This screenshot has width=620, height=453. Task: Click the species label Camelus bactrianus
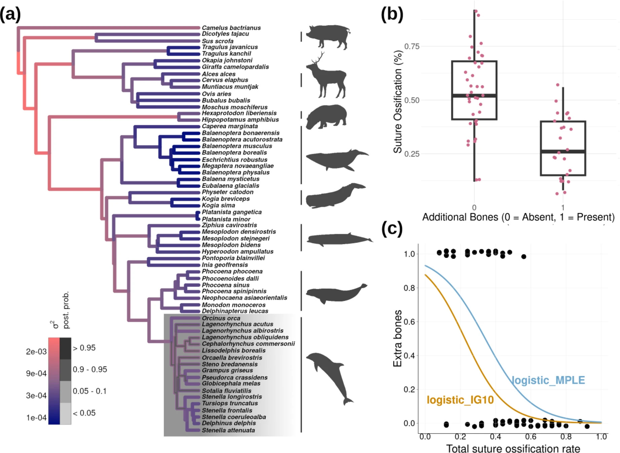[231, 28]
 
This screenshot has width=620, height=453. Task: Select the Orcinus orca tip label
[221, 318]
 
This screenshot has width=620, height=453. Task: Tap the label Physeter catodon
[227, 192]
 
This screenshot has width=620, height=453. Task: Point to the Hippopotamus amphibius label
[240, 120]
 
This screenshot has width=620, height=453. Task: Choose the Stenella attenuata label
[228, 430]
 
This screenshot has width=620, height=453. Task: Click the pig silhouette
[328, 36]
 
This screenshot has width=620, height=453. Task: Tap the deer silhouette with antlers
[326, 76]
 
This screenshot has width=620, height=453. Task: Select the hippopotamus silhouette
[326, 117]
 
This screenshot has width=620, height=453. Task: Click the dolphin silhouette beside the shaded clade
[330, 378]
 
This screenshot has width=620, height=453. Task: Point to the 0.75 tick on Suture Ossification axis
[412, 46]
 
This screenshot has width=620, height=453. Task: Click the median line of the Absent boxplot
[474, 96]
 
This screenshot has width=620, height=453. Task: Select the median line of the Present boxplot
[563, 151]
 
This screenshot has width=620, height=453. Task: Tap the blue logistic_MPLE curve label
[548, 380]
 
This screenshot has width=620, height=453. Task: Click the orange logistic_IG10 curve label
[460, 400]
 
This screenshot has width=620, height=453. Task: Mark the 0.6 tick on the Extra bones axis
[409, 322]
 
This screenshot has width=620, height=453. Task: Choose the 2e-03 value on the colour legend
[36, 352]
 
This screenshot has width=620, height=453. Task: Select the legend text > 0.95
[84, 348]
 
